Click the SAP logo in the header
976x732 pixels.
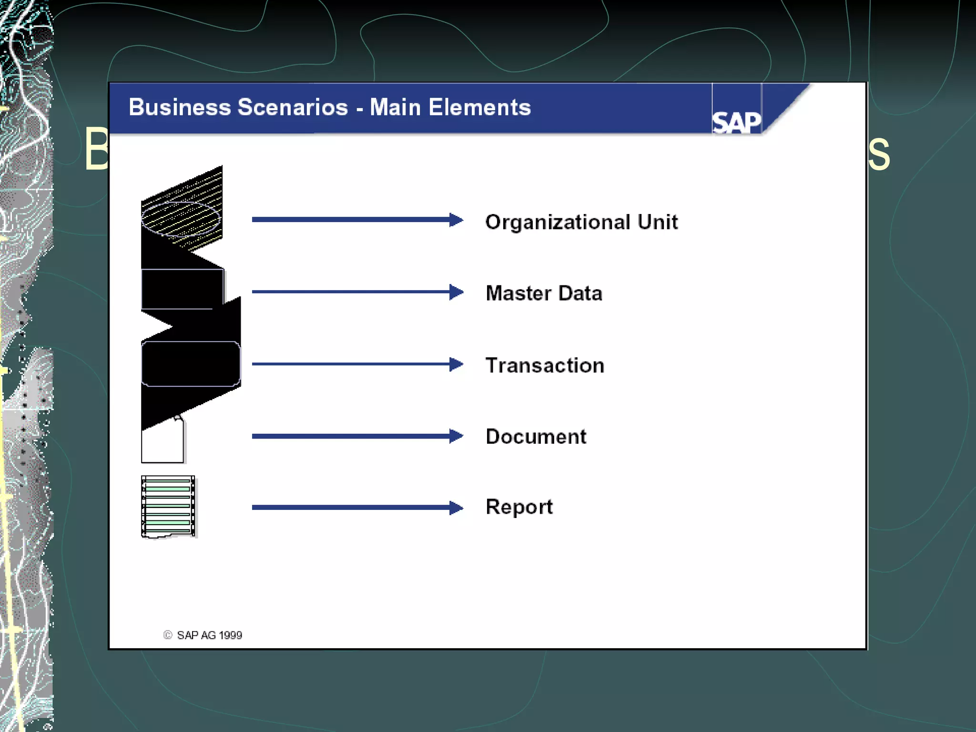pyautogui.click(x=736, y=122)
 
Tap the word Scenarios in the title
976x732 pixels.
pyautogui.click(x=293, y=107)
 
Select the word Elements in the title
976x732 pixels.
pyautogui.click(x=479, y=107)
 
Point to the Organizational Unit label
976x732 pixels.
pyautogui.click(x=581, y=222)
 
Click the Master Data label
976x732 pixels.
pyautogui.click(x=544, y=293)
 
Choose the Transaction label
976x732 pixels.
pyautogui.click(x=545, y=366)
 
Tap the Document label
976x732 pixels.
pyautogui.click(x=536, y=437)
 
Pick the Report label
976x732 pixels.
pyautogui.click(x=519, y=507)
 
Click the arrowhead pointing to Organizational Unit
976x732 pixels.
pyautogui.click(x=456, y=220)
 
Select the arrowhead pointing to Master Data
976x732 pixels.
pyautogui.click(x=456, y=292)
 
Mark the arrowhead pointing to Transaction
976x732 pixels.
pyautogui.click(x=456, y=364)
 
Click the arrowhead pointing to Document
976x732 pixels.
pyautogui.click(x=456, y=436)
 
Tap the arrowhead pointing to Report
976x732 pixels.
pyautogui.click(x=456, y=508)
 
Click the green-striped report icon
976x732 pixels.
pyautogui.click(x=168, y=507)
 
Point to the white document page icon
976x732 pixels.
pyautogui.click(x=162, y=443)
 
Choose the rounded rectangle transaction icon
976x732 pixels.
pyautogui.click(x=191, y=364)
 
